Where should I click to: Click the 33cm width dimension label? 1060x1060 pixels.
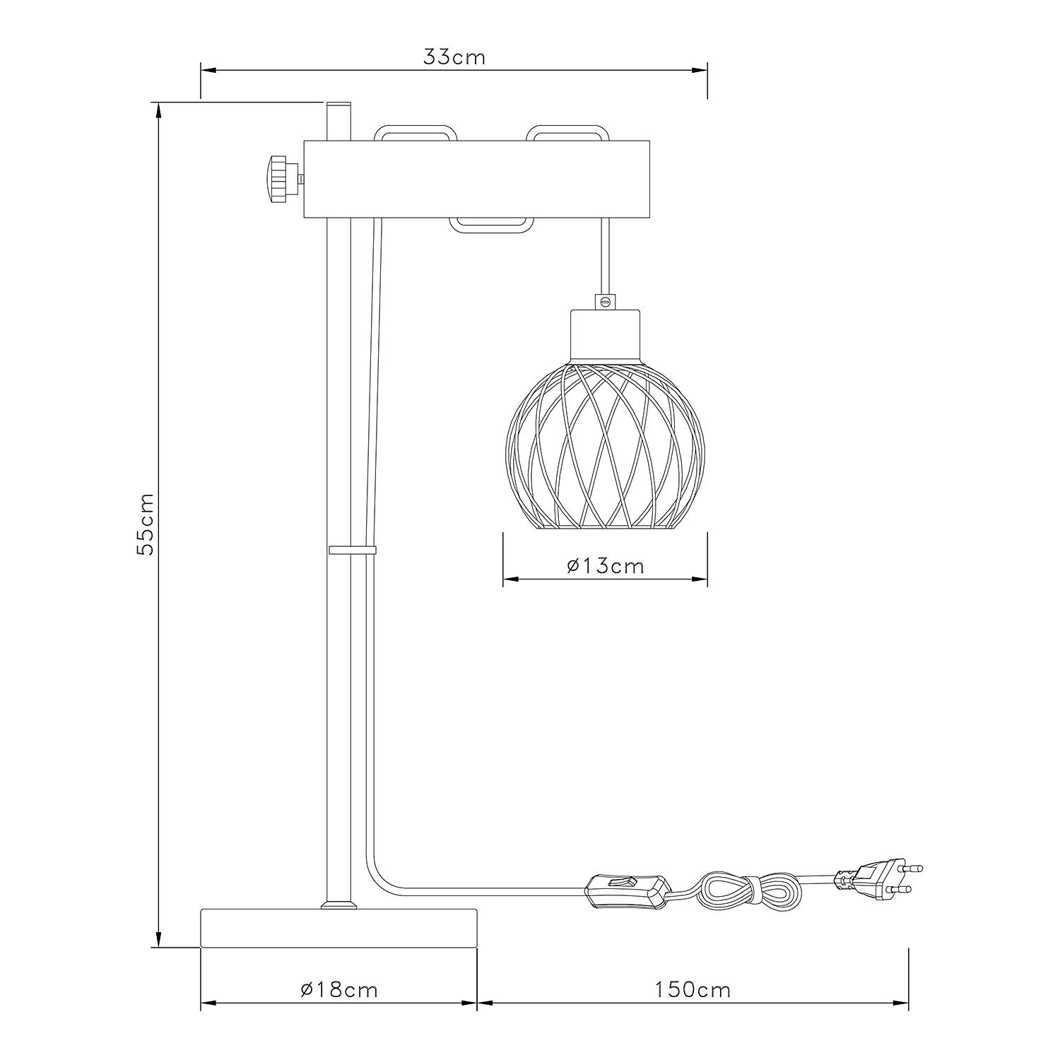tap(454, 57)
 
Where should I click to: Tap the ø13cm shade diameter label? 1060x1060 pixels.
tap(606, 565)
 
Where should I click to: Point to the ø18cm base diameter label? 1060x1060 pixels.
tap(338, 989)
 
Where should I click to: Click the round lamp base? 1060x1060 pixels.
tap(338, 928)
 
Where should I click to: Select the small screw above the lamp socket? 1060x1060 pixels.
tap(605, 302)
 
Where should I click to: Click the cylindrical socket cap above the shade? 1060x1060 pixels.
tap(605, 336)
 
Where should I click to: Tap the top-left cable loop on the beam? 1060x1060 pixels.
tap(416, 133)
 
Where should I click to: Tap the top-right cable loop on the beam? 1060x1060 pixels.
tap(567, 133)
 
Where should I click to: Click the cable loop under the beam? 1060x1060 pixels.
tap(491, 225)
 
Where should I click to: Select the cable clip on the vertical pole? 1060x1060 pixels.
tap(352, 550)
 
